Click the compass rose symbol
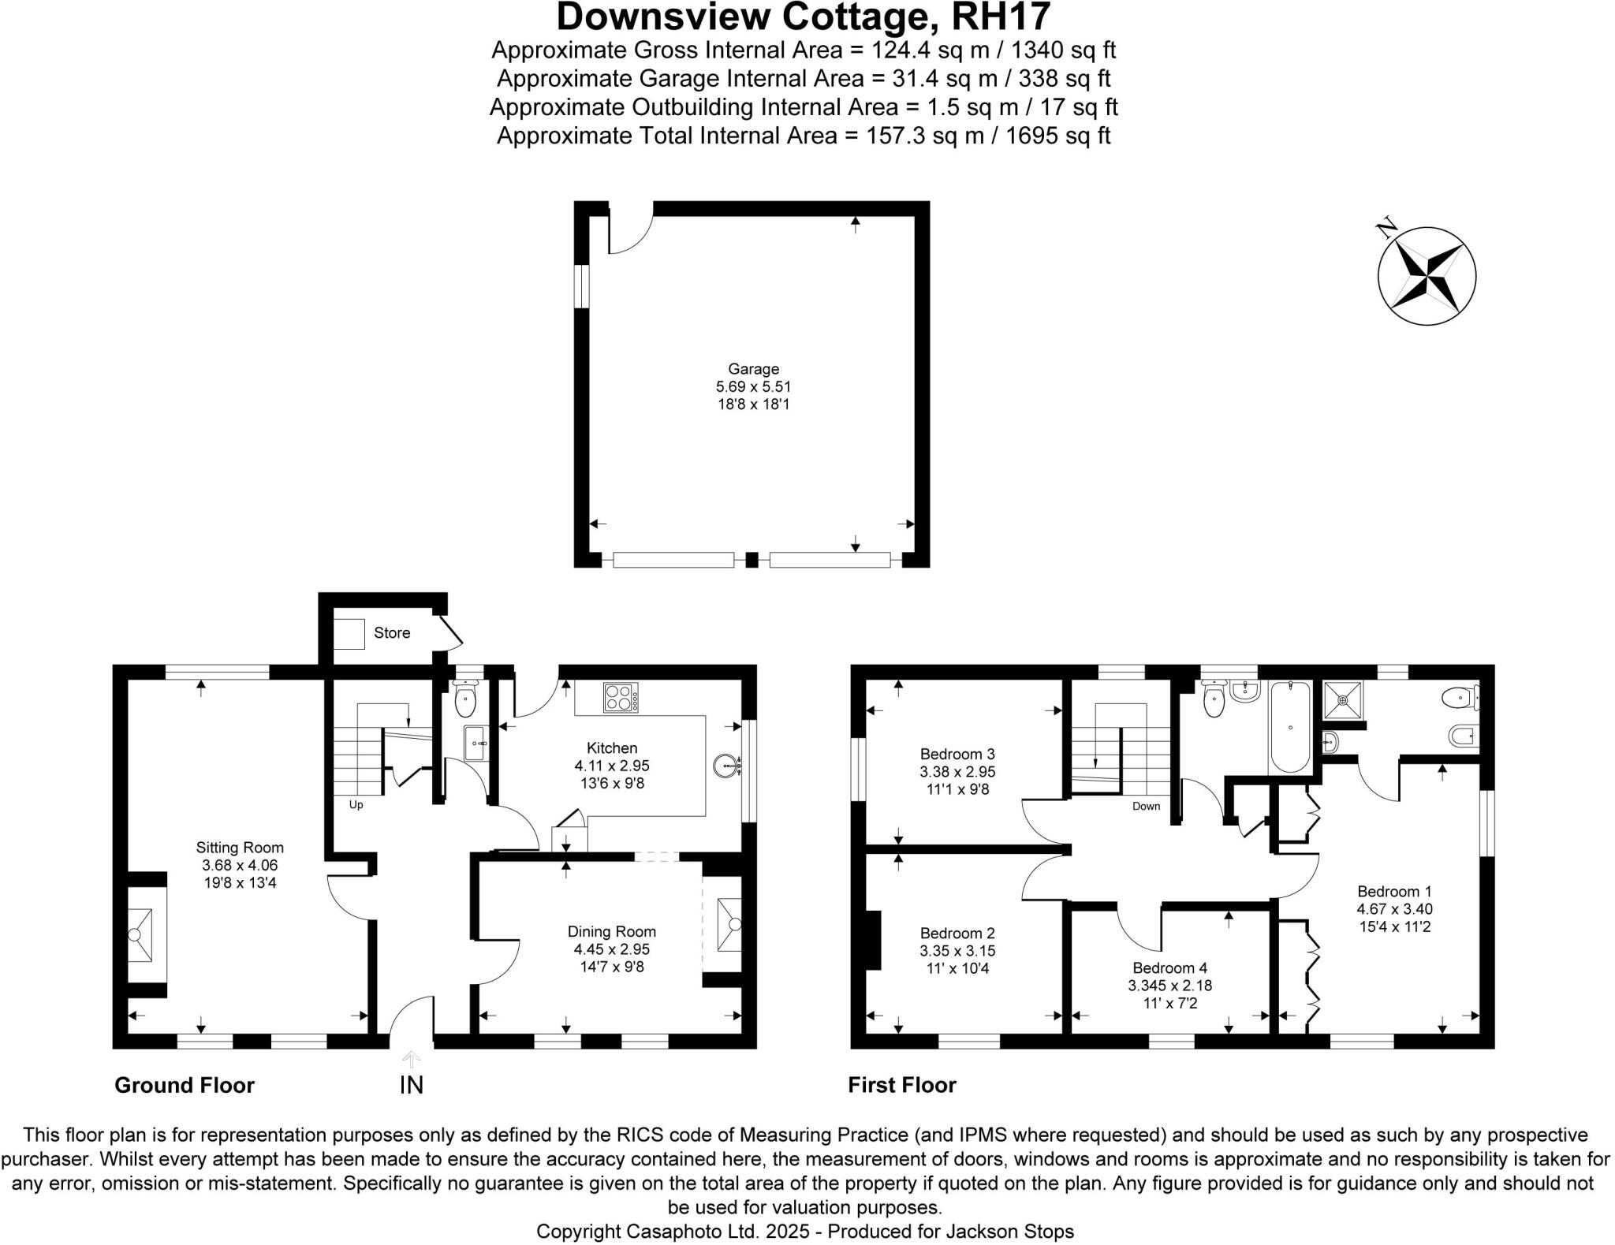point(1426,276)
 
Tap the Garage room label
point(753,368)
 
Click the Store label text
point(392,632)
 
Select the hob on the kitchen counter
point(621,697)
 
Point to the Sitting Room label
point(240,848)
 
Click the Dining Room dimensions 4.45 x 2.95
point(611,949)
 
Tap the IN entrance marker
point(411,1085)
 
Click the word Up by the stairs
point(356,805)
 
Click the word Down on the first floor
point(1146,806)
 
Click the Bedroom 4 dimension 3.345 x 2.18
point(1169,986)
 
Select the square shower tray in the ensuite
point(1343,699)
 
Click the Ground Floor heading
point(185,1086)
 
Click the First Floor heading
point(901,1086)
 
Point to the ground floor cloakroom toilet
point(466,699)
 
